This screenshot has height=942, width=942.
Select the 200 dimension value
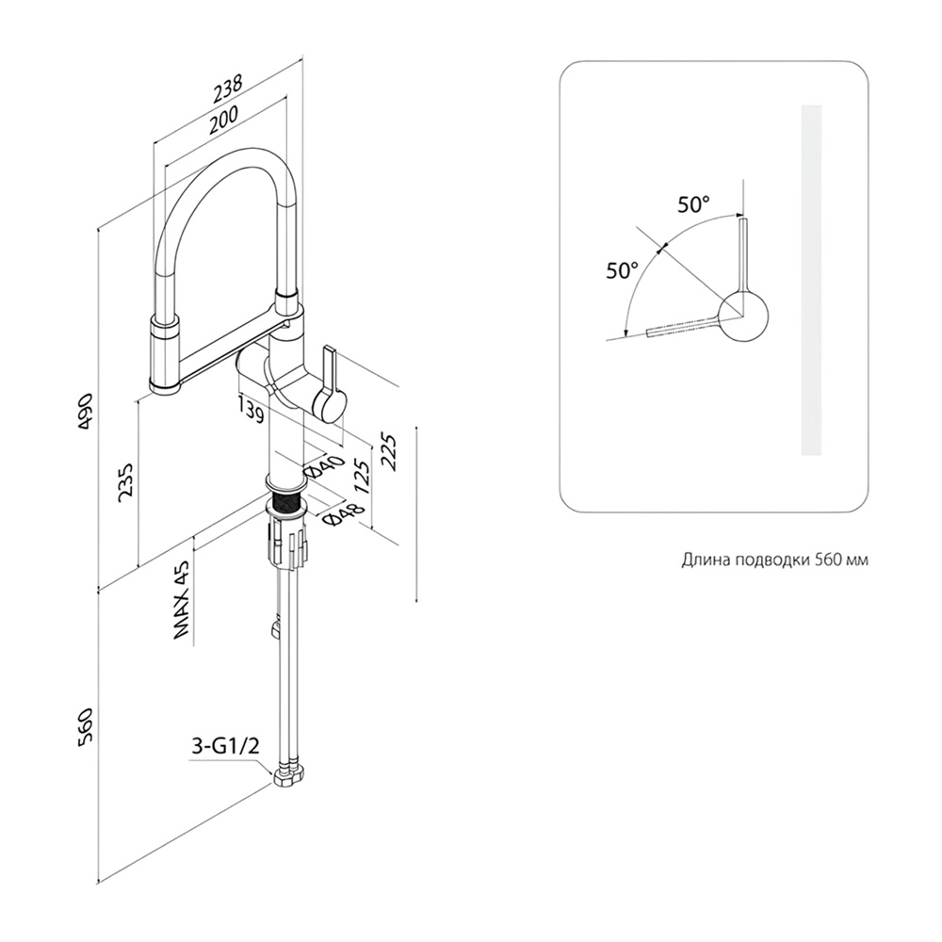tap(223, 120)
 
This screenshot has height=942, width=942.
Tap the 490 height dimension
tap(85, 411)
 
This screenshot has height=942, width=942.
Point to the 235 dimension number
tap(127, 481)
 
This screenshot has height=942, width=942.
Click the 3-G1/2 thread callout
tap(224, 747)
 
